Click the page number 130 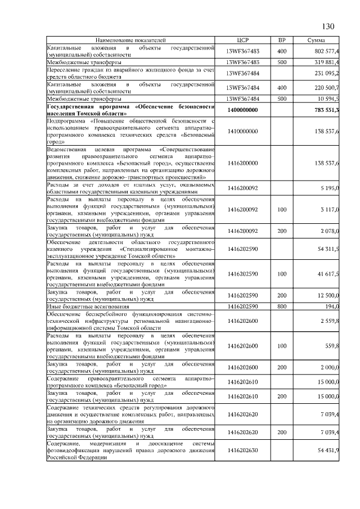(x=328, y=27)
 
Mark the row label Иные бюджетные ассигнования (x=88, y=307)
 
